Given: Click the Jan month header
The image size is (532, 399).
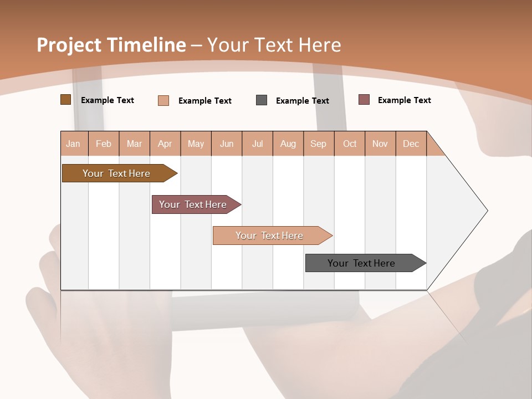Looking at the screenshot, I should [x=74, y=144].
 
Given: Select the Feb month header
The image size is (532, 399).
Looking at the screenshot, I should [x=104, y=144].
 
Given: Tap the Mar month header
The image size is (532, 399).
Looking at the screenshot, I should [x=134, y=144].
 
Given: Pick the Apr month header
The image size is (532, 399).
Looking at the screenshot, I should [x=165, y=144].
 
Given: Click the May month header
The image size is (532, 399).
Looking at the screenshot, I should [x=196, y=144].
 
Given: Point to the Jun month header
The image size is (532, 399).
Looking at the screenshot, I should [x=227, y=144].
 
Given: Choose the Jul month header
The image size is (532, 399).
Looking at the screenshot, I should [x=257, y=144].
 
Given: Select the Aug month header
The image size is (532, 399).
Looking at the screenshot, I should [x=288, y=144].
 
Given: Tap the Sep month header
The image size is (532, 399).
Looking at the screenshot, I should [x=319, y=144].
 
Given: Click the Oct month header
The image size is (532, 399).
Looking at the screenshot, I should [x=350, y=144].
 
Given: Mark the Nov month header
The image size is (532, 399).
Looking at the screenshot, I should [x=380, y=144].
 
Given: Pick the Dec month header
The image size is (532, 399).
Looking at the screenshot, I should [x=411, y=144].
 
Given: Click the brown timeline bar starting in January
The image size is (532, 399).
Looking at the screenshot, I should [x=117, y=173].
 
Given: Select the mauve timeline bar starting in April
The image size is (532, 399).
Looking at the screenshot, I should [x=193, y=204].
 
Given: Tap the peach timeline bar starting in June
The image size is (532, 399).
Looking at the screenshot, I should [x=270, y=236].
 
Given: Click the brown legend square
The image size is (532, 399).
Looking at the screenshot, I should [x=65, y=100].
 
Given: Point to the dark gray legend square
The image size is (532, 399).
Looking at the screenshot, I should [x=262, y=100].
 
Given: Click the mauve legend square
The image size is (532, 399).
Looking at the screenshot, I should [x=364, y=100].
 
